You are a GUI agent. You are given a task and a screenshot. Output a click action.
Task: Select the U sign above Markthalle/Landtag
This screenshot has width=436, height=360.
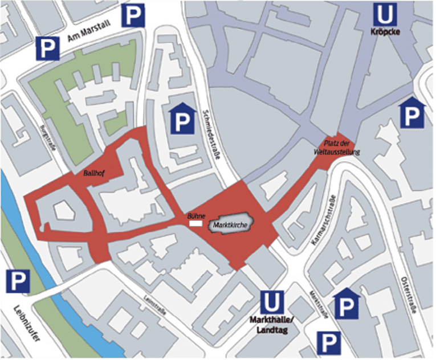271,302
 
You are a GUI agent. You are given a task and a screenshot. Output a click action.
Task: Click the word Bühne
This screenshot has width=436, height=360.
195,216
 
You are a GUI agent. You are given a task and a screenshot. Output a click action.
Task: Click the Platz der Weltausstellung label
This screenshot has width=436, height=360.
336,147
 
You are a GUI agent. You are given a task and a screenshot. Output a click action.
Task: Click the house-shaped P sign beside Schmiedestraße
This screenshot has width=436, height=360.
181,118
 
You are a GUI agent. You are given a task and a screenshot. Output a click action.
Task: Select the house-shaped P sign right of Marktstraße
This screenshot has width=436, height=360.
346,304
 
